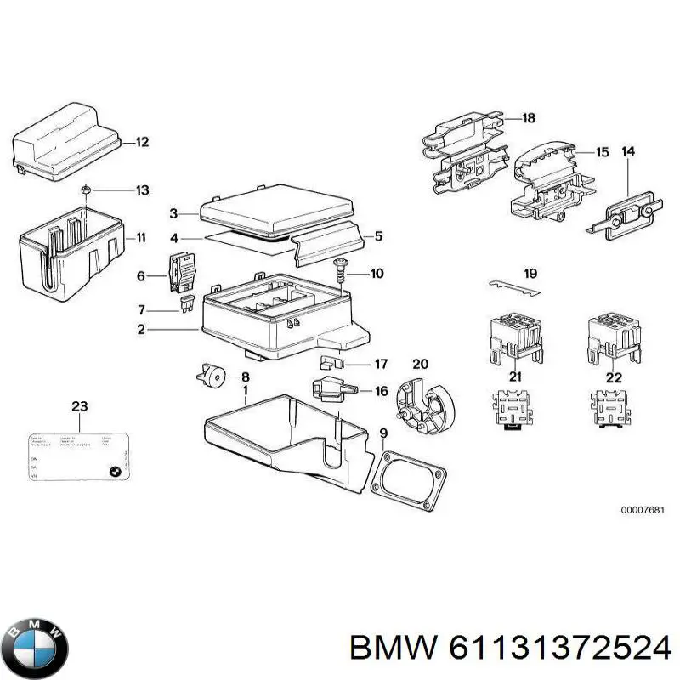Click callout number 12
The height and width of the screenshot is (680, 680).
tap(142, 142)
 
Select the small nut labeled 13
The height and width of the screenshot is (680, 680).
tap(87, 189)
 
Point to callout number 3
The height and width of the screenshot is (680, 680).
tap(173, 213)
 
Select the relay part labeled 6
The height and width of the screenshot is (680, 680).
tap(180, 273)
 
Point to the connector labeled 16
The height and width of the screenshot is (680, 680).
tap(331, 391)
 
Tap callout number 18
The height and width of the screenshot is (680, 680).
tap(528, 118)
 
